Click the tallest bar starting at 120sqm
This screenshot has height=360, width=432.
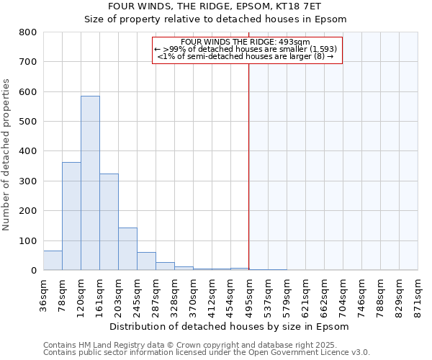tap(90, 183)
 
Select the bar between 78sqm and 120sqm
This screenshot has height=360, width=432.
tap(71, 216)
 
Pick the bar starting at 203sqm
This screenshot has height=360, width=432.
tap(127, 248)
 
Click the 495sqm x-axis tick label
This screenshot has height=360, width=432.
tap(249, 294)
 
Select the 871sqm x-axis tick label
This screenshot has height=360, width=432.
tap(418, 294)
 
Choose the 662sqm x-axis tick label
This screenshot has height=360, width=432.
tap(324, 294)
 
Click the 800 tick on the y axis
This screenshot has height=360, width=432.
tap(28, 32)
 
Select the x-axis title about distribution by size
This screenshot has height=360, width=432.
tap(230, 326)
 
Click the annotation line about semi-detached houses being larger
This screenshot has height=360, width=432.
tap(246, 56)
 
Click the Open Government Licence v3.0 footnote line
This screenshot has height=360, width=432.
tap(207, 353)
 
